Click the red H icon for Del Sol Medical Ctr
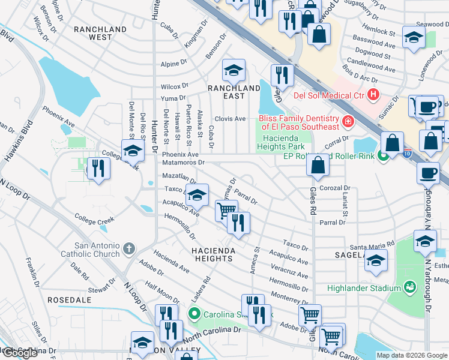[x=374, y=94]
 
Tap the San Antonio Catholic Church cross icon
[x=129, y=248]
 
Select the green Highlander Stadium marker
[x=410, y=287]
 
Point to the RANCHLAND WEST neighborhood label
[x=100, y=33]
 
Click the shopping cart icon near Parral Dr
[x=226, y=211]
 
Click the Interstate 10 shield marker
[x=408, y=154]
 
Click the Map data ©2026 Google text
[x=411, y=355]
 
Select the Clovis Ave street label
[x=231, y=119]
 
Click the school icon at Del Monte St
[x=133, y=151]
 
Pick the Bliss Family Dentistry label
[x=299, y=122]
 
